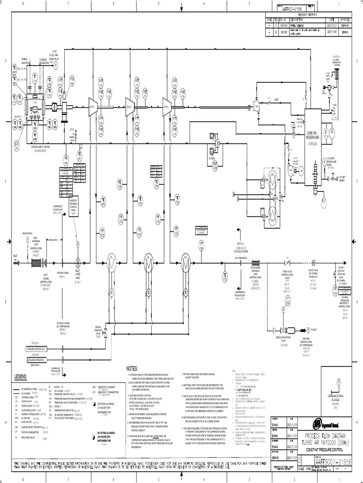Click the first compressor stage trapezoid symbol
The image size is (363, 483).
pyautogui.click(x=92, y=104)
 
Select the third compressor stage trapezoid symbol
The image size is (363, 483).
pyautogui.click(x=166, y=104)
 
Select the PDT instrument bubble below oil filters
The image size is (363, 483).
pyautogui.click(x=215, y=166)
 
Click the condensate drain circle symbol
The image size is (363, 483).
pyautogui.click(x=338, y=383)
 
